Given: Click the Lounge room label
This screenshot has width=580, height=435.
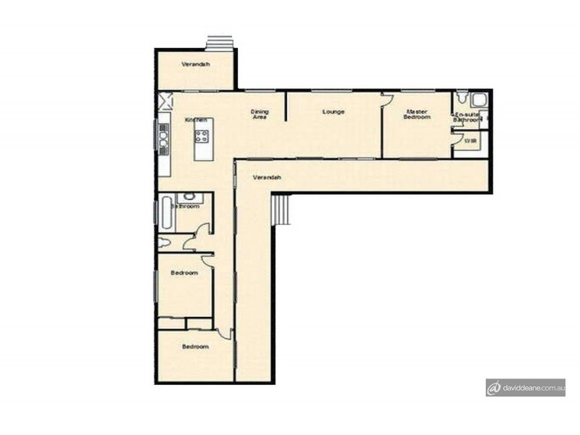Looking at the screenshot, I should pyautogui.click(x=333, y=112).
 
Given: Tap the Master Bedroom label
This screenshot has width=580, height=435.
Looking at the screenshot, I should pyautogui.click(x=417, y=114).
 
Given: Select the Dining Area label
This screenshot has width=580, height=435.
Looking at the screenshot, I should pyautogui.click(x=260, y=114).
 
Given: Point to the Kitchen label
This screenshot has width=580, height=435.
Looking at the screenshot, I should pyautogui.click(x=196, y=120).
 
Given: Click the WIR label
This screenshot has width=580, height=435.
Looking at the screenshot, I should pyautogui.click(x=470, y=141).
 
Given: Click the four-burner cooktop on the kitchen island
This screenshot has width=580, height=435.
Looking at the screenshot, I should pyautogui.click(x=202, y=136).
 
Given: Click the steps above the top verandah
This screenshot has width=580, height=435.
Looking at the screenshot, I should pyautogui.click(x=219, y=43).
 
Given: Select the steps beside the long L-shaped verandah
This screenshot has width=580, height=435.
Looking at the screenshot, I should pyautogui.click(x=281, y=211).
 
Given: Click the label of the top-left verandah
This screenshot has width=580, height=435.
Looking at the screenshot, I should pyautogui.click(x=196, y=65).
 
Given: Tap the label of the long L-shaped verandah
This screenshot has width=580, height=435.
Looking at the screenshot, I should pyautogui.click(x=266, y=178).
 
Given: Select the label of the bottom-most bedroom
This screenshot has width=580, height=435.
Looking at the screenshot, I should pyautogui.click(x=195, y=347).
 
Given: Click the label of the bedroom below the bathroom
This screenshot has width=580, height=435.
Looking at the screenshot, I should pyautogui.click(x=184, y=273).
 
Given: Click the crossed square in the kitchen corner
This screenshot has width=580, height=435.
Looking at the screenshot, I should pyautogui.click(x=165, y=100).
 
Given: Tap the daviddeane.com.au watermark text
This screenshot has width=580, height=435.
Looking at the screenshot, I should pyautogui.click(x=535, y=388).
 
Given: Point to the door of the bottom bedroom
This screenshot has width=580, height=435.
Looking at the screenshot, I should pyautogui.click(x=225, y=333).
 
